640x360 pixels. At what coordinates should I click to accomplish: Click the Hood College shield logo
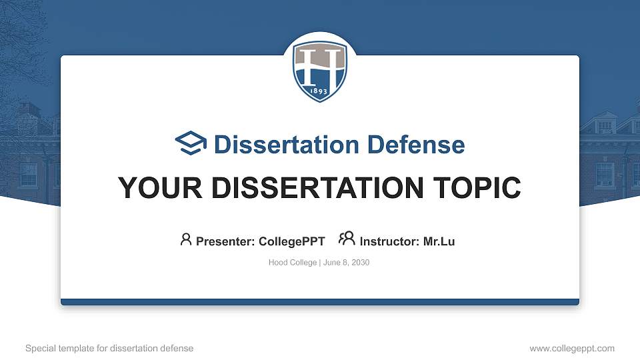[x=320, y=71]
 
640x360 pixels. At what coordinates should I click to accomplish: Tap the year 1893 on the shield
[x=320, y=90]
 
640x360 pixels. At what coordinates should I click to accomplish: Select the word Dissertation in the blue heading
[x=278, y=145]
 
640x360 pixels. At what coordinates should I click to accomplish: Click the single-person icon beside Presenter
[x=186, y=239]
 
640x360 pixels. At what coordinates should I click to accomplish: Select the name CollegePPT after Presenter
[x=292, y=241]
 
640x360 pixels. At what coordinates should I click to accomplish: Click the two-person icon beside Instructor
[x=347, y=239]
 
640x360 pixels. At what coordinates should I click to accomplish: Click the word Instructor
[x=389, y=241]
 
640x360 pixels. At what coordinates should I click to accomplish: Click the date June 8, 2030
[x=347, y=263]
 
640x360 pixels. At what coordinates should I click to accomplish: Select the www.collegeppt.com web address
[x=572, y=349]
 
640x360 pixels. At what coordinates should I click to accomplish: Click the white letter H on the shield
[x=320, y=67]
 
